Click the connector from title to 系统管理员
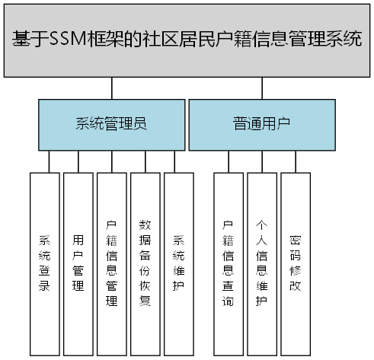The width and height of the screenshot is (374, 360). point(112,88)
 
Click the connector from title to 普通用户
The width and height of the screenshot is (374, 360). point(261,88)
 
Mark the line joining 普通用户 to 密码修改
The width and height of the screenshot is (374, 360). point(295,161)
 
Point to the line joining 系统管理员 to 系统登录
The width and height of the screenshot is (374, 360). point(48,161)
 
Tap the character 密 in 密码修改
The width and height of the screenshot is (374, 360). point(295,238)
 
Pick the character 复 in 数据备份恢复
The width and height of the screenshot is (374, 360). point(145,301)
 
